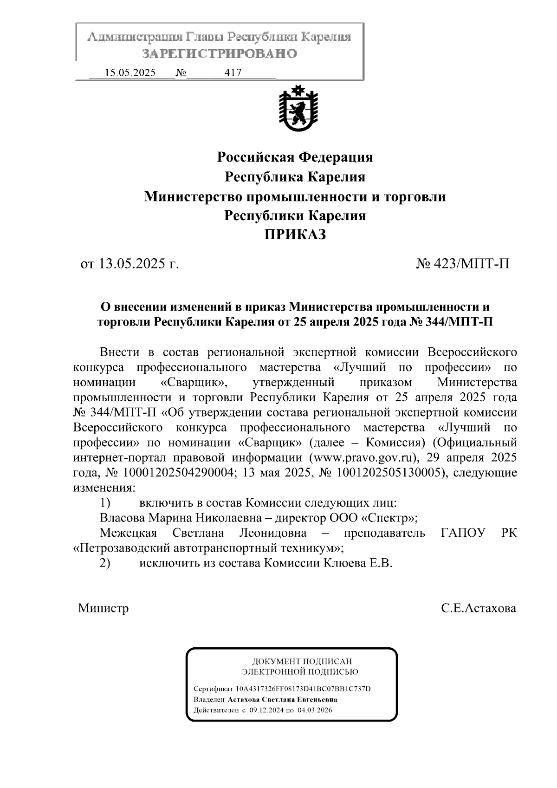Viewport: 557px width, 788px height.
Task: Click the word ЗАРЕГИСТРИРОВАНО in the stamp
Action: coord(220,54)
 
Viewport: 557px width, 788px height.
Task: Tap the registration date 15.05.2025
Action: coord(130,72)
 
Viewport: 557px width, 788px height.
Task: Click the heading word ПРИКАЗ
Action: coord(295,235)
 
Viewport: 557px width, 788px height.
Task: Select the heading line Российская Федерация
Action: coord(295,157)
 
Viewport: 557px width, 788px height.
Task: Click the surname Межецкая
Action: coord(128,533)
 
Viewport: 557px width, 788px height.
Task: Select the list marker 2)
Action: coord(105,563)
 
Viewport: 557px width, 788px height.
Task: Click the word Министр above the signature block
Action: coord(104,608)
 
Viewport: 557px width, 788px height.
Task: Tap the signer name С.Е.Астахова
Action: coord(479,608)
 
